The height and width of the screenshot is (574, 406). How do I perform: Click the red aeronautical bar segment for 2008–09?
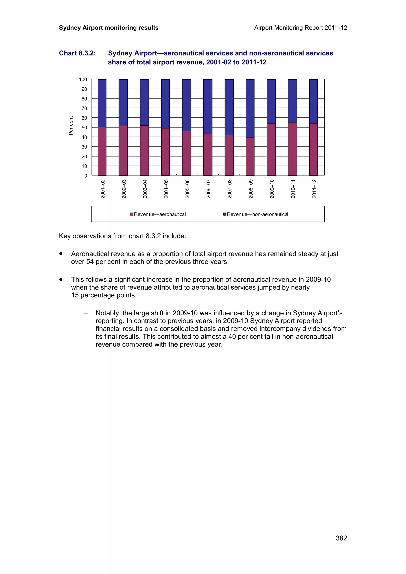(250, 156)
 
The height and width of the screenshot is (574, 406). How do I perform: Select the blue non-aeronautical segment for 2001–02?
(102, 103)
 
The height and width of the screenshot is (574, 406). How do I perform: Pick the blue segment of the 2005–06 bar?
(186, 105)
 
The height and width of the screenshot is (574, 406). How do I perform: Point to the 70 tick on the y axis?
(84, 108)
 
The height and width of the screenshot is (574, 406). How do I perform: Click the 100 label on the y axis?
(83, 79)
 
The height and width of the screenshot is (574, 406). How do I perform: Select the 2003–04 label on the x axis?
(145, 189)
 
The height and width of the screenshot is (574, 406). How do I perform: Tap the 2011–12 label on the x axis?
(314, 189)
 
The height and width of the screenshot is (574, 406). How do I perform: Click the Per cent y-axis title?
(71, 126)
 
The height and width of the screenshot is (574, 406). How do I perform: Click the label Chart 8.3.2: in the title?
(77, 53)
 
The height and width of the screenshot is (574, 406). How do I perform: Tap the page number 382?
(341, 538)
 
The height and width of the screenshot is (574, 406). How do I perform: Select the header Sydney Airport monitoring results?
(109, 28)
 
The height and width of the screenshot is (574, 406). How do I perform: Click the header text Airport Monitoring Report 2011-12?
(300, 28)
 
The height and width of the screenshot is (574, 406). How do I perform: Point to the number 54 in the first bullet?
(90, 262)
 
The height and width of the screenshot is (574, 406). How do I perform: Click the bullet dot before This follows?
(61, 279)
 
